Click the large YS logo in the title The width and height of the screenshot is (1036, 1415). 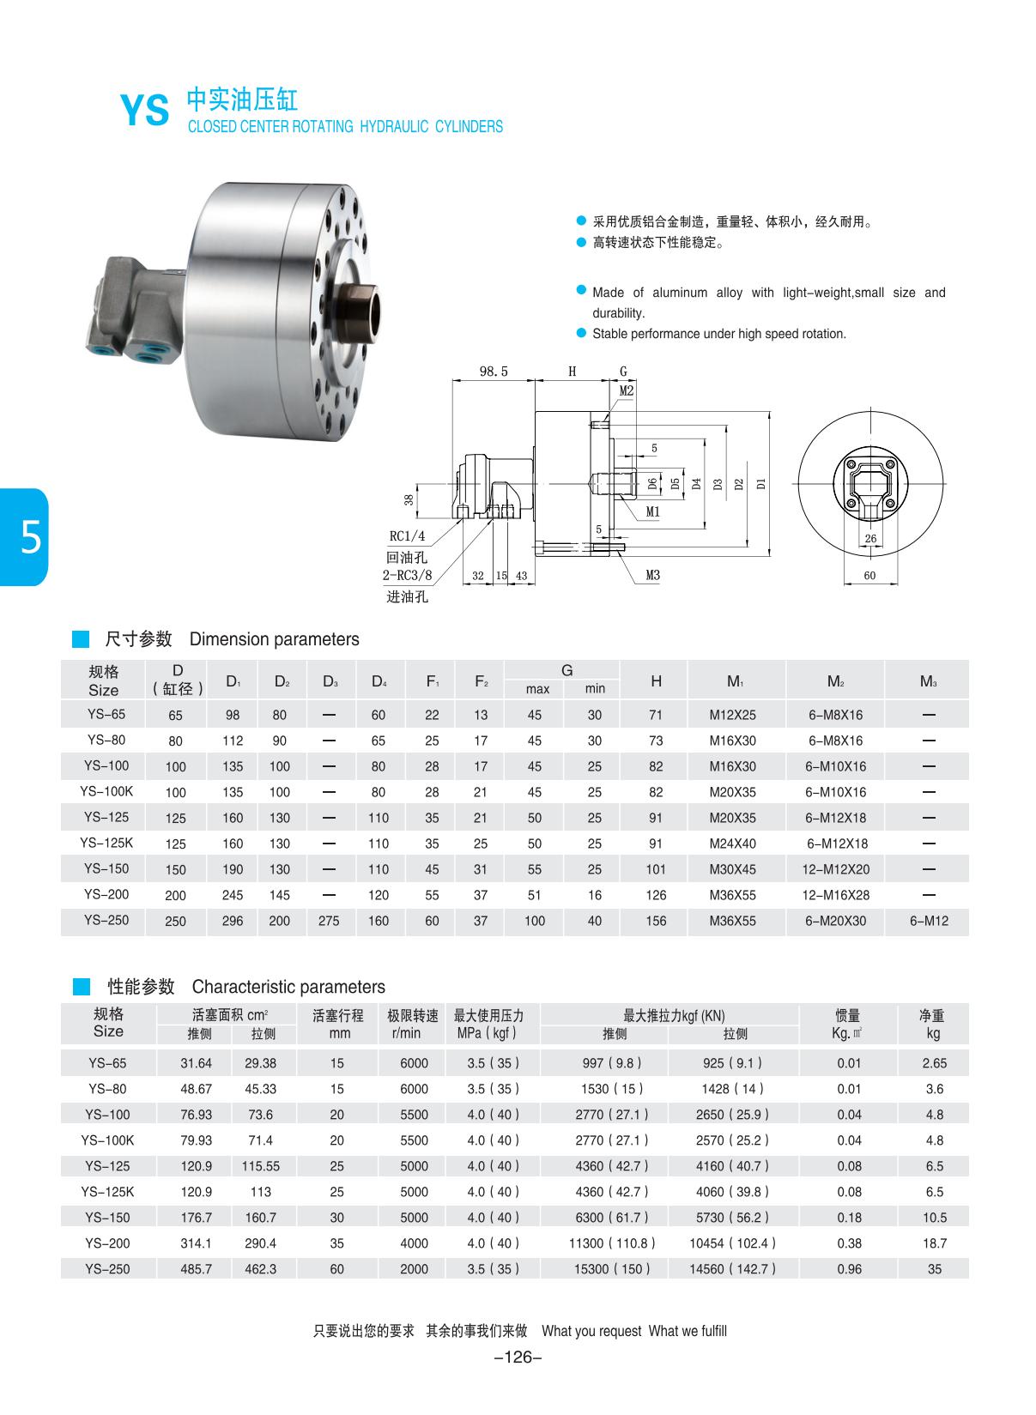click(144, 110)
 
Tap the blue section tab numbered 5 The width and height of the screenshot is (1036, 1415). click(26, 538)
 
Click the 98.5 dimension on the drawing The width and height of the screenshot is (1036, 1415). click(493, 372)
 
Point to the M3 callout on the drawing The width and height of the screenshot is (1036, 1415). click(652, 575)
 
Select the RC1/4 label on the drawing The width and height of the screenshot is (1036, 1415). click(407, 536)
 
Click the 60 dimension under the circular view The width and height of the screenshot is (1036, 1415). click(869, 575)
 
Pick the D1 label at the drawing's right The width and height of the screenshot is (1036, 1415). click(760, 483)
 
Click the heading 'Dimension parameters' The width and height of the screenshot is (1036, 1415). click(274, 639)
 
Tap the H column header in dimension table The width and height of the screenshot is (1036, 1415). click(656, 680)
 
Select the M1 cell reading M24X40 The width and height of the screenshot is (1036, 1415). click(732, 844)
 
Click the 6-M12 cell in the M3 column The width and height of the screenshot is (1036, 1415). click(928, 921)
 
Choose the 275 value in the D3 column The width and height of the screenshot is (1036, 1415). click(329, 921)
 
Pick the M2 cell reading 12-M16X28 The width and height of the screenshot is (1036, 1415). click(835, 895)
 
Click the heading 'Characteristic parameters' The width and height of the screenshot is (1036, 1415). click(288, 987)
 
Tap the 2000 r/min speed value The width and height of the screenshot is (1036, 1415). click(414, 1269)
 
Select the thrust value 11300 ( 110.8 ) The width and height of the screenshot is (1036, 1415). click(613, 1243)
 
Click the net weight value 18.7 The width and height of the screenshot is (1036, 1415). click(934, 1243)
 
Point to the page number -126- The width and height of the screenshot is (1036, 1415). click(518, 1357)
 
